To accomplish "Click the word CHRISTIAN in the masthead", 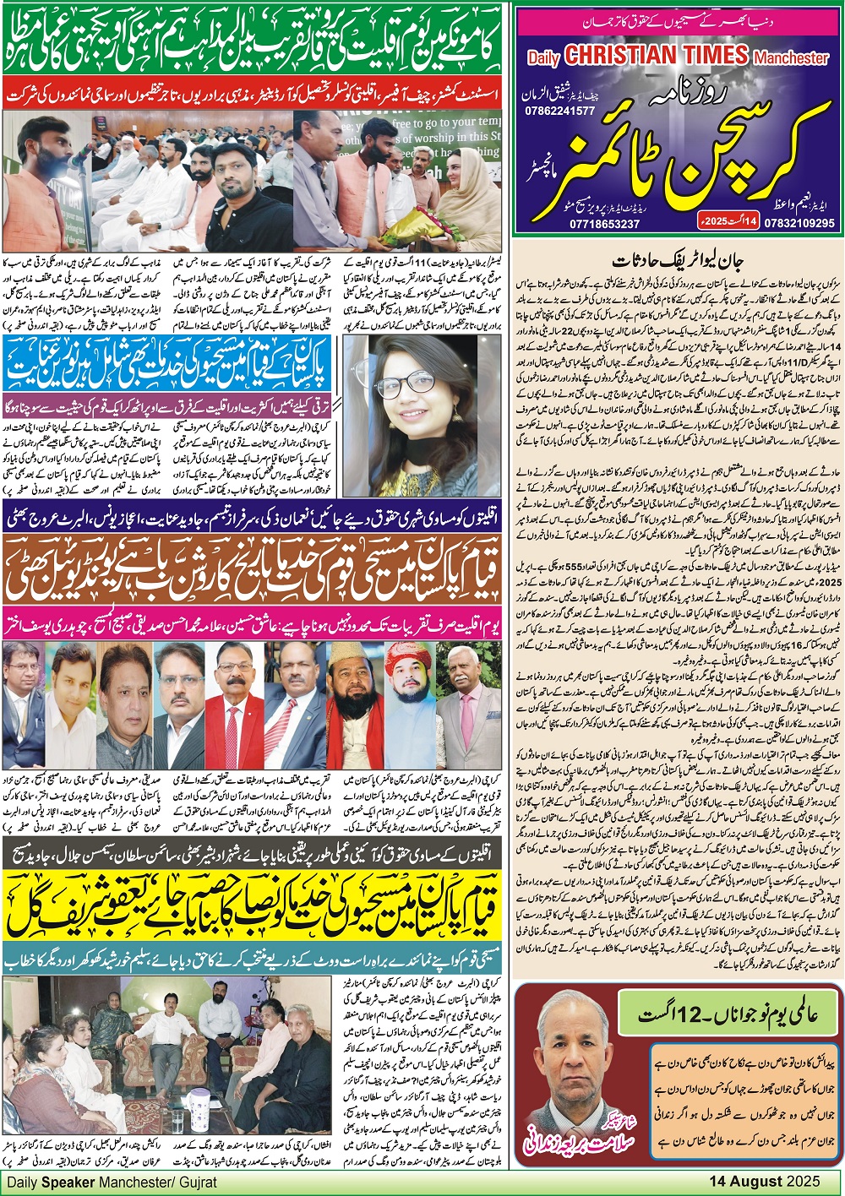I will tap(656, 56).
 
